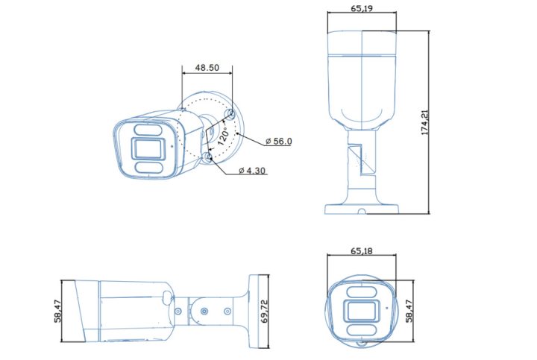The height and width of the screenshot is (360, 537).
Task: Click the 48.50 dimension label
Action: pyautogui.click(x=207, y=67)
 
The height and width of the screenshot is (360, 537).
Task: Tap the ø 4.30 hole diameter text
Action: pyautogui.click(x=252, y=171)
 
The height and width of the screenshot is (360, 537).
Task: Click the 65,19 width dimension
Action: pyautogui.click(x=362, y=8)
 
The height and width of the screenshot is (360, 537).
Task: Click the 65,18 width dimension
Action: pyautogui.click(x=362, y=251)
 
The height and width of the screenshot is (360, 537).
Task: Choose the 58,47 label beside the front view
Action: pyautogui.click(x=408, y=312)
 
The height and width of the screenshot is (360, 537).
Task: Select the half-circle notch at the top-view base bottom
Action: pyautogui.click(x=361, y=211)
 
